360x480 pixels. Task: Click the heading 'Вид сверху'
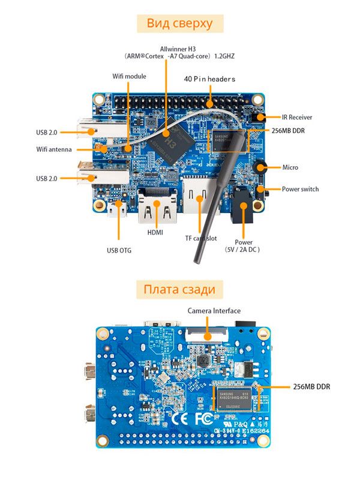[x=180, y=23]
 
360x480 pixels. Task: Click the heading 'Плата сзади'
[x=179, y=290]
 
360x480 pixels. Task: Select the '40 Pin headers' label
[x=209, y=79]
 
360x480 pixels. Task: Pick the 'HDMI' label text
[x=155, y=232]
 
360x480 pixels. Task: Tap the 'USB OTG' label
[x=119, y=250]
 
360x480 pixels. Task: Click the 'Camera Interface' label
[x=214, y=310]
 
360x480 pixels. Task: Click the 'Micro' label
[x=290, y=167]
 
